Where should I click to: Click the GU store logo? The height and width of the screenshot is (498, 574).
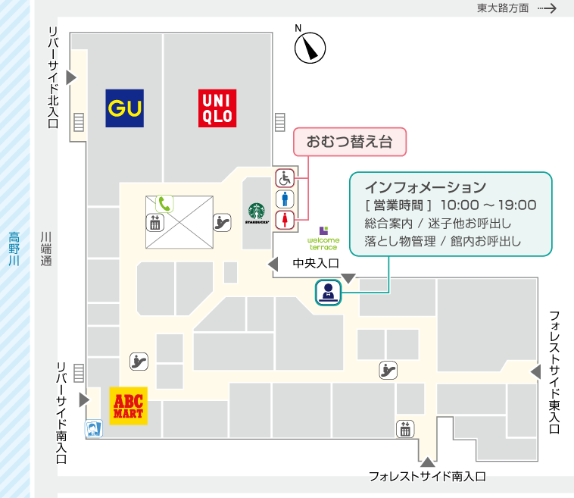(124, 108)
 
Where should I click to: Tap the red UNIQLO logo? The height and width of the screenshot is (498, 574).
(217, 108)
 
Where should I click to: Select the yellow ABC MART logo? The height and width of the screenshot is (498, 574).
(128, 406)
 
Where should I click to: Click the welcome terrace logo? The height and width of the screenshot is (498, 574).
(323, 238)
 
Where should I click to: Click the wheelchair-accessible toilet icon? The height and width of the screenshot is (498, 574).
(285, 179)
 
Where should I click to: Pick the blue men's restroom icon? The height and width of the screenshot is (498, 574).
(285, 199)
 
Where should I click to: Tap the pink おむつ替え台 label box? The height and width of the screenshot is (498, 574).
(349, 142)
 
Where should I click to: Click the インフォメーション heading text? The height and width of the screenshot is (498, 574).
(425, 186)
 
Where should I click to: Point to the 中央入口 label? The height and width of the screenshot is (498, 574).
(315, 264)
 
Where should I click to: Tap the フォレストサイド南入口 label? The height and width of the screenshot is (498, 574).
(426, 477)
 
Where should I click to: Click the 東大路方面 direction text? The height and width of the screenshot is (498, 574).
(503, 8)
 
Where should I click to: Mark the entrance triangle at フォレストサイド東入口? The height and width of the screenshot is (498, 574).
(535, 371)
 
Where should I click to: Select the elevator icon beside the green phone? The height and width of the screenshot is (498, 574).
(154, 222)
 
